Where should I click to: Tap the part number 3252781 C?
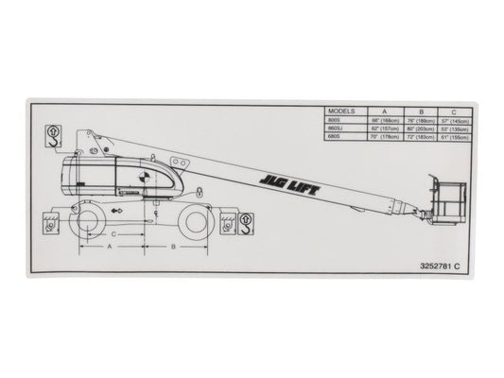pos(432,267)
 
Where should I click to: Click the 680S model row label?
pos(331,137)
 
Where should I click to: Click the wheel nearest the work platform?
pos(196,220)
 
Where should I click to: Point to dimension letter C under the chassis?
pos(113,232)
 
